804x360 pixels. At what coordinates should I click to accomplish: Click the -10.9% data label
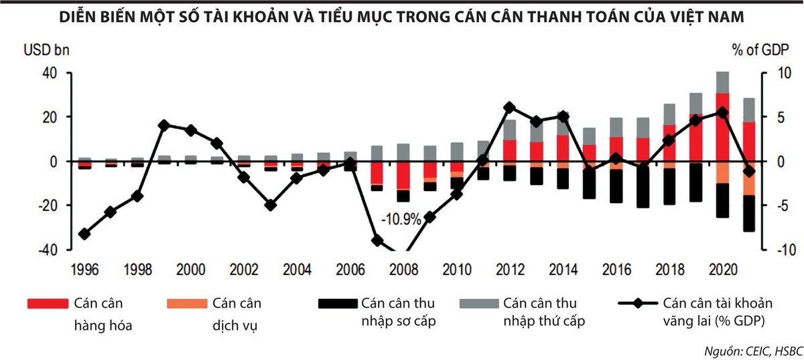[401, 219]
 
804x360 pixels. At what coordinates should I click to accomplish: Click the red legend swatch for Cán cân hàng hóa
[48, 304]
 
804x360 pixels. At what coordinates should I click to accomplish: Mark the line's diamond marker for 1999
[163, 125]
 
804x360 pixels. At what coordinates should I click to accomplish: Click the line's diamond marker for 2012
[509, 107]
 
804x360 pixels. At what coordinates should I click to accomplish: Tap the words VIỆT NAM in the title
[711, 17]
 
